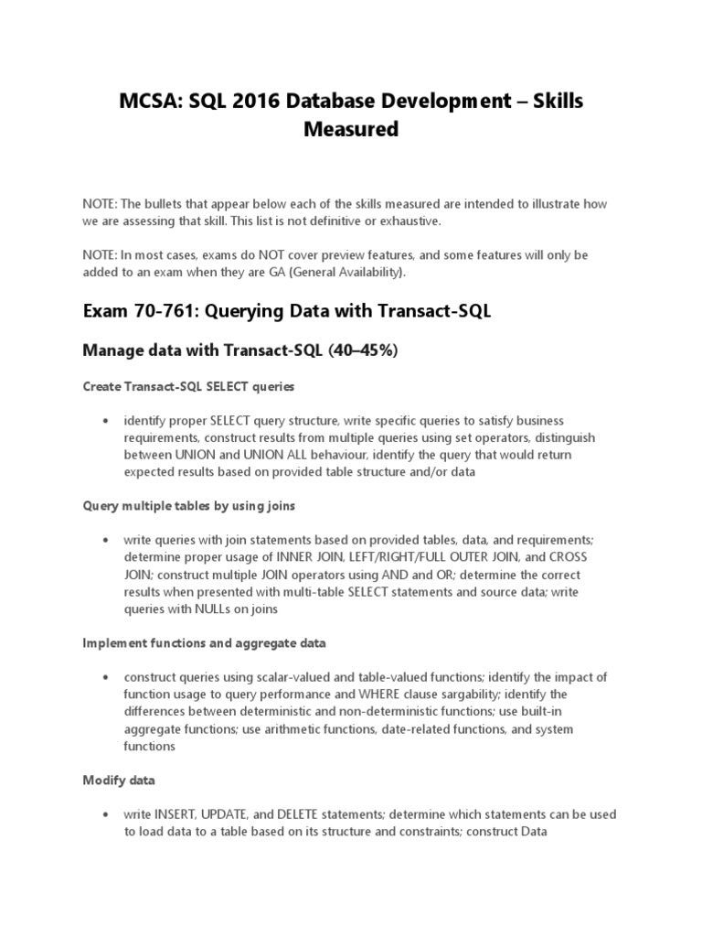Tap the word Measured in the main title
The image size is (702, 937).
click(351, 130)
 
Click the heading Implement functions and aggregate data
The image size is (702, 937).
click(204, 643)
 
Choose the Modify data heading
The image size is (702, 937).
click(119, 781)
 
